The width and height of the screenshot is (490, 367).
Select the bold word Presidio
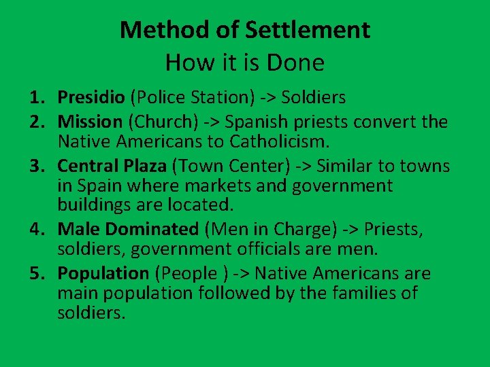[91, 98]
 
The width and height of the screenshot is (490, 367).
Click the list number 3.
[36, 166]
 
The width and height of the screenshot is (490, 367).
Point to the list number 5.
[36, 274]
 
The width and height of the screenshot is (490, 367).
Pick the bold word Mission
[89, 122]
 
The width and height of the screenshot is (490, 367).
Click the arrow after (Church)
[212, 122]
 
